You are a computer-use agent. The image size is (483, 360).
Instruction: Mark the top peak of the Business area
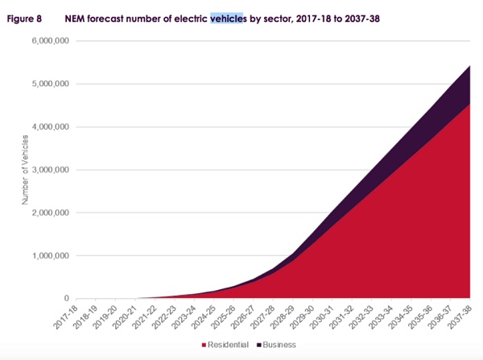point(469,65)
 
